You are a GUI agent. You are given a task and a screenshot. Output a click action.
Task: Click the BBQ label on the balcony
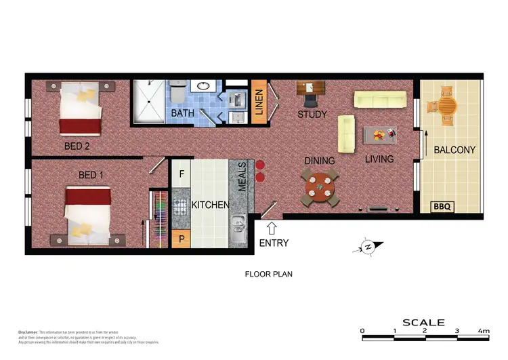[x=442, y=206]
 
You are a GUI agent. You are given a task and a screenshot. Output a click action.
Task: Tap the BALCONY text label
[x=454, y=150]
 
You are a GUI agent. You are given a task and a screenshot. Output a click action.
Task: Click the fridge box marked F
[x=181, y=174]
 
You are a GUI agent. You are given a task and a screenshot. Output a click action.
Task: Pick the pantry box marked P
[x=181, y=239]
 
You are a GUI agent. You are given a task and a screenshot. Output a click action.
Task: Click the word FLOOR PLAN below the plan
[x=268, y=275]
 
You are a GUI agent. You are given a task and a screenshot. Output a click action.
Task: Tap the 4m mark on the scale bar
[x=484, y=332]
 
